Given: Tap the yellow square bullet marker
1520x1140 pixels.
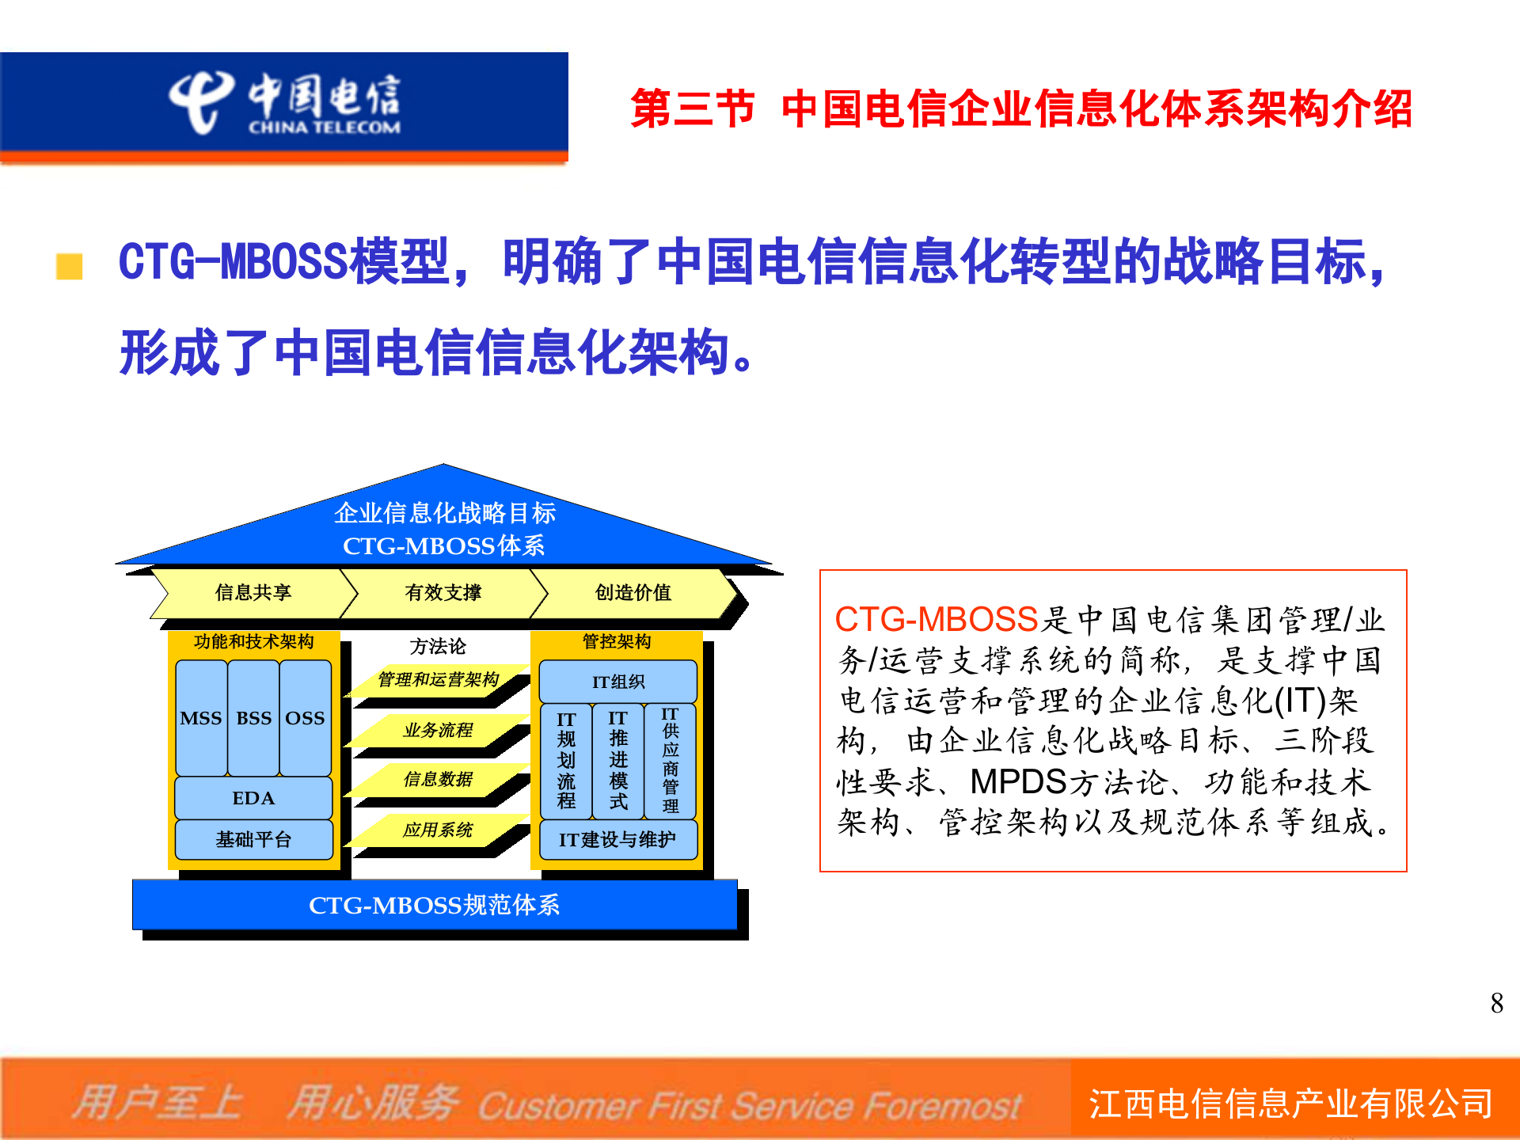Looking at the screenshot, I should coord(70,266).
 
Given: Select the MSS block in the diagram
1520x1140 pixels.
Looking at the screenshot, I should coord(201,718).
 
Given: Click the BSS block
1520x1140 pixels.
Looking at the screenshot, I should coord(253,718).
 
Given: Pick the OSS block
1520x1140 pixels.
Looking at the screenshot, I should coord(305,718).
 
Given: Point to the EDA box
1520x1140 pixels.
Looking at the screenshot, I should coord(253,798).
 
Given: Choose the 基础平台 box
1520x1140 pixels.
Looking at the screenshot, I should coord(253,839).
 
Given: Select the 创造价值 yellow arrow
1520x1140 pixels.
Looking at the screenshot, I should coord(633,592).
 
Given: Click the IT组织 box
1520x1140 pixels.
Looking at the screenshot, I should coord(617,682).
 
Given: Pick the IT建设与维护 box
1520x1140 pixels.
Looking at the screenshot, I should coord(617,839).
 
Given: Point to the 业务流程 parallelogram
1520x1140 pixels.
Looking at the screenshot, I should coord(438,730).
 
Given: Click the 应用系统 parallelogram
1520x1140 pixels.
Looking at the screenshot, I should coord(438,830).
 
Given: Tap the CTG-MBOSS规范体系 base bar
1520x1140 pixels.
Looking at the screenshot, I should coord(434,904).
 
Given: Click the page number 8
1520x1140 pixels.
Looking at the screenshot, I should coord(1496,1003).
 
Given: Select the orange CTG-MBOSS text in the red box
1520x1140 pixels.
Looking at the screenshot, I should coord(936,619).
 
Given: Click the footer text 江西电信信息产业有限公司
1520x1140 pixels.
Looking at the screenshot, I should coord(1290,1104).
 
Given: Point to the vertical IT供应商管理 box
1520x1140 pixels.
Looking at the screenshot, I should coord(670,761).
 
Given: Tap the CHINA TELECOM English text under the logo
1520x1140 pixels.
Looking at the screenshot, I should coord(325,127).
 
